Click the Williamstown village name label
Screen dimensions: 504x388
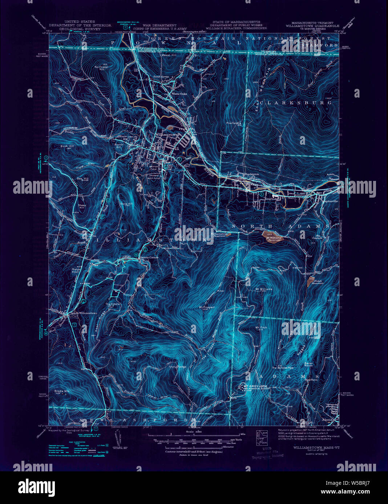click(x=167, y=134)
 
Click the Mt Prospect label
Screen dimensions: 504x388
click(x=207, y=307)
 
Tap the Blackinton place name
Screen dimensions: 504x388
click(x=251, y=174)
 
